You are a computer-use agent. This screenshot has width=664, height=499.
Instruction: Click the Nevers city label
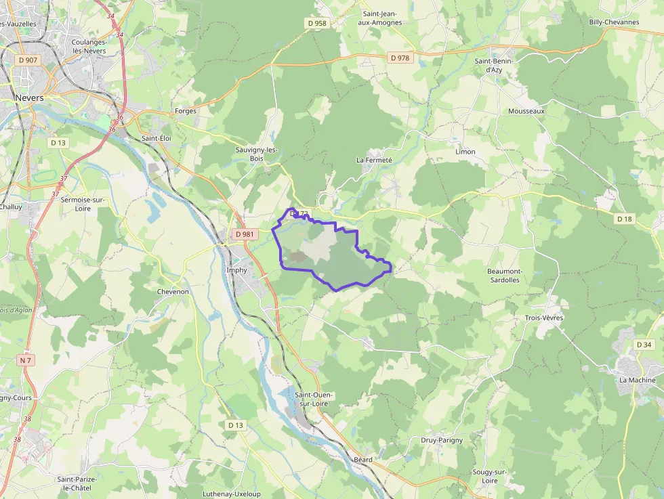click(x=29, y=97)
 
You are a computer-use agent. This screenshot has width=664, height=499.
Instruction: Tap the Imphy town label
click(x=236, y=269)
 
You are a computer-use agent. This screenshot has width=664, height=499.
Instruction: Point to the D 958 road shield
click(x=316, y=23)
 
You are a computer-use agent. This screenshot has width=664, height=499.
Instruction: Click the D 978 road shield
click(x=400, y=58)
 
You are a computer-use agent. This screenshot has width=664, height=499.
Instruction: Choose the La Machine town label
click(x=637, y=380)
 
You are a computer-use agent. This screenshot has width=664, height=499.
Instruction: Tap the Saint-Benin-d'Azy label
click(x=493, y=65)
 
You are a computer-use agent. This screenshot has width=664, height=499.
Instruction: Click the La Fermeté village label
click(x=374, y=160)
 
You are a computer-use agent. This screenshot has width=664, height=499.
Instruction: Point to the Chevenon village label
click(x=173, y=291)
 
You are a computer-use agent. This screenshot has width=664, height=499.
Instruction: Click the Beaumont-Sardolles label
click(x=503, y=275)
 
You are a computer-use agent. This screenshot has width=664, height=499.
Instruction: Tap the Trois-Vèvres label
click(x=543, y=318)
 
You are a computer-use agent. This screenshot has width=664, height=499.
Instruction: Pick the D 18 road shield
click(x=624, y=219)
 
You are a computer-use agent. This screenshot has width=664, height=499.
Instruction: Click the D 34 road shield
click(x=644, y=345)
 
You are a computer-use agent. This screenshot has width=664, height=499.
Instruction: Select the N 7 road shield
click(x=26, y=360)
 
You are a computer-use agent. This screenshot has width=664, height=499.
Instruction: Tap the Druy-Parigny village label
click(x=442, y=440)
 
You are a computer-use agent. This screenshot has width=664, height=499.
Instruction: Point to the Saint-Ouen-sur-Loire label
click(x=314, y=399)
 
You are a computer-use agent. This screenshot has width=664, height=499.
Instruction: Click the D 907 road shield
click(x=28, y=60)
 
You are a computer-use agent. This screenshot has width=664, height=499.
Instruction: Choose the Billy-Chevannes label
click(x=614, y=22)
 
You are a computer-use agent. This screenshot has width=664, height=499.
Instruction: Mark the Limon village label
click(x=465, y=152)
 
